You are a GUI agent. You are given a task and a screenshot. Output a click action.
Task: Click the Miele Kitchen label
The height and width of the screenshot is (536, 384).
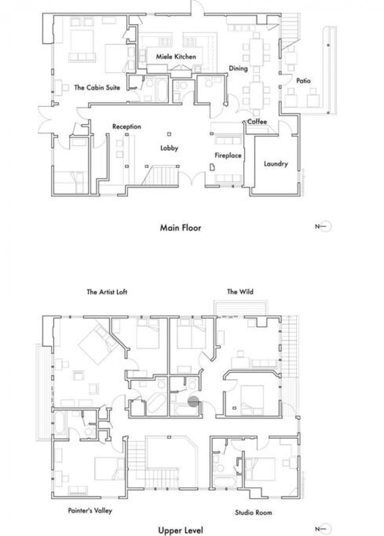176,57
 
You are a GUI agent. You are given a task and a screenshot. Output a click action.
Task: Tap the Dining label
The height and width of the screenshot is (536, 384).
238,68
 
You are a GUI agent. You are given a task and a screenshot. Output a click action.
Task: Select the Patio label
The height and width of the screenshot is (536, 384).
303,81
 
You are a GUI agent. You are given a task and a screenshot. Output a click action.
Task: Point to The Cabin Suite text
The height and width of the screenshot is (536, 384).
97,88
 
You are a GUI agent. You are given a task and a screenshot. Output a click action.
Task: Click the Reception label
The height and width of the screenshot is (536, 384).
127,127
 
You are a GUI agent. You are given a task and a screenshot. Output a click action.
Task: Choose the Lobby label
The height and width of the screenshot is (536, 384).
169,148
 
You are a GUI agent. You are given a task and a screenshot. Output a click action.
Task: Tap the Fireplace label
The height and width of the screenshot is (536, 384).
228,155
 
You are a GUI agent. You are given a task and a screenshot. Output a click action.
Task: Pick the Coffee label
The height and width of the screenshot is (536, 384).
257,121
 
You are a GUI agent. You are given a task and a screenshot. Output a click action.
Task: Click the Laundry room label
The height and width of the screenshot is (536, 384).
276,164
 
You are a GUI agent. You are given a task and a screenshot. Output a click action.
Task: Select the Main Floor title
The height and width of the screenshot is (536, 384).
181,228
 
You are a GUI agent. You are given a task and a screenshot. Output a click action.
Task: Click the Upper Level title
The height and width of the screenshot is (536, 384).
181,530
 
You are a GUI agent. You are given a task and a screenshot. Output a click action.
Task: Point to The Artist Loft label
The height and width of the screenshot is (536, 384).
107,292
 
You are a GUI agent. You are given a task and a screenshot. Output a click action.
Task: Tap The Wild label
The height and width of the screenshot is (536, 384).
240,292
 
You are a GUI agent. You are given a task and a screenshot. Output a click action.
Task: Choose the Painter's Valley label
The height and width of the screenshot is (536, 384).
90,511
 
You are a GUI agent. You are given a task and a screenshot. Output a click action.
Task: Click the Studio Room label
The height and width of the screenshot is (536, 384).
253,512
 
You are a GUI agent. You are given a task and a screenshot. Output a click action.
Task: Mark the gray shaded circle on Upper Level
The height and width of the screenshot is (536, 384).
193,401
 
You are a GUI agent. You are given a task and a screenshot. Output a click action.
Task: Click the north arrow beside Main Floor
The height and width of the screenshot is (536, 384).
323,227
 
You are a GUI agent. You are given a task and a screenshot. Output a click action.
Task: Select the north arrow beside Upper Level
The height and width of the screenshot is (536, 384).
323,529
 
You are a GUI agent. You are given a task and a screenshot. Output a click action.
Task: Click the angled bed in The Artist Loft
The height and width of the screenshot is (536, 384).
98,345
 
